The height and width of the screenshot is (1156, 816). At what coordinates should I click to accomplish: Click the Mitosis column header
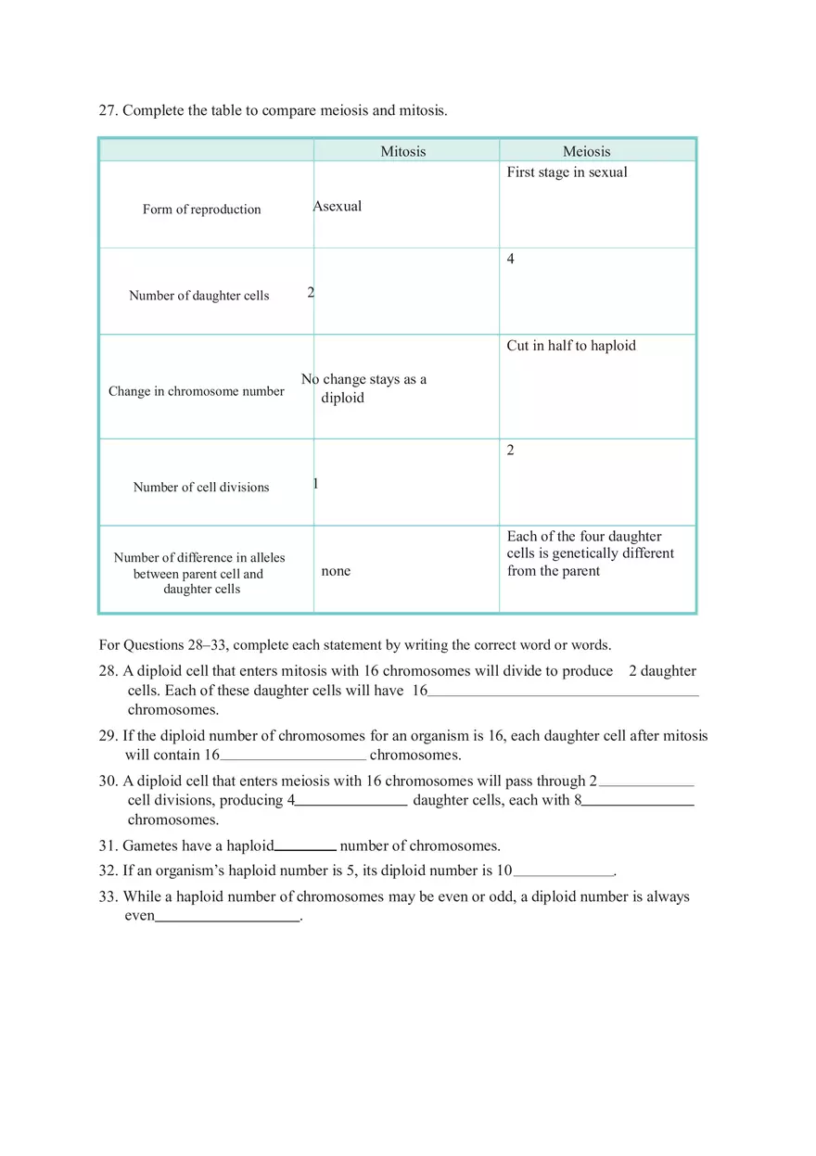coord(402,151)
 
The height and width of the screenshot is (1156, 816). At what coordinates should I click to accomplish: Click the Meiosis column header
coord(586,151)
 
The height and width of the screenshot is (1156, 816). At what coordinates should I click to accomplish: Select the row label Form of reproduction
coord(201,210)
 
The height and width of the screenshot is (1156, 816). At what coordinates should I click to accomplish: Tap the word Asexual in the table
coord(338,206)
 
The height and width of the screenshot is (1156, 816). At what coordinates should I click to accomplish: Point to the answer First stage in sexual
coord(567,172)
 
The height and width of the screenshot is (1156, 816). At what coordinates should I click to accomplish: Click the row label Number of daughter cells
coord(198,296)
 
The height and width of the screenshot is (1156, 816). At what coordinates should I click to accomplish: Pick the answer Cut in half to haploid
coord(570,346)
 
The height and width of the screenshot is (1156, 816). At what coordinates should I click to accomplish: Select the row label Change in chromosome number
coord(196,391)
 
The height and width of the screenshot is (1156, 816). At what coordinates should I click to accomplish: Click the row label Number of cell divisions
coord(200,487)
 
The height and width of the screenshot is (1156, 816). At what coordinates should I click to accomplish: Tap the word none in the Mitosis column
coord(336,571)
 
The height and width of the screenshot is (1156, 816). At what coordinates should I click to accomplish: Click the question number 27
coord(108,110)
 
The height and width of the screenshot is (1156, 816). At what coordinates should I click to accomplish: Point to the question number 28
coord(108,671)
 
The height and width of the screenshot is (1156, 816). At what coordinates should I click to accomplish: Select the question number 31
coord(108,845)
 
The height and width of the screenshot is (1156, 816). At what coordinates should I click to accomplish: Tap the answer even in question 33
coord(139,916)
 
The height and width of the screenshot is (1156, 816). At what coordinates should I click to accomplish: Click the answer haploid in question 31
coord(250,845)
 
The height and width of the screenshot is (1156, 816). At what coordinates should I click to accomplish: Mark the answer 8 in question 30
coord(578,800)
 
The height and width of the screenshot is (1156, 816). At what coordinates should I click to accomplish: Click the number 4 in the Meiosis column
coord(510,260)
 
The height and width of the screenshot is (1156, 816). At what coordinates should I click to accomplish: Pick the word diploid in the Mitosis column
coord(342,398)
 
